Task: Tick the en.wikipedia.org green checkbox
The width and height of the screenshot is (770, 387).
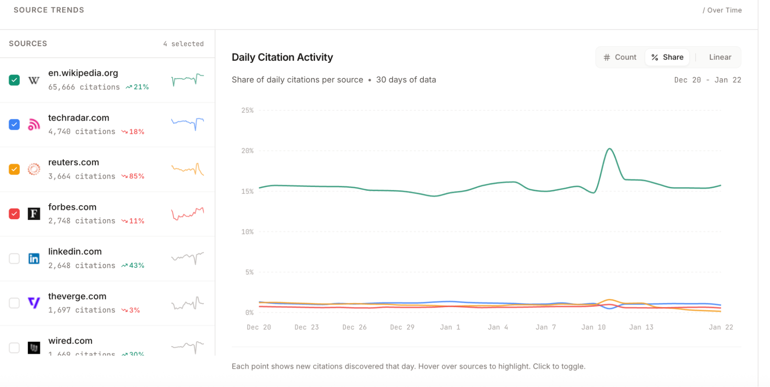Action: [14, 80]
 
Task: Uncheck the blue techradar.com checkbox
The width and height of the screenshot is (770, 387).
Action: [14, 125]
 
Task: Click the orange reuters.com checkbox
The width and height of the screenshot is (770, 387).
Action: [14, 169]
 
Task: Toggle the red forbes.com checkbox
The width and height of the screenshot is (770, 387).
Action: [14, 214]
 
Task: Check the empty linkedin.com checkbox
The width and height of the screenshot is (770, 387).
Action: [14, 259]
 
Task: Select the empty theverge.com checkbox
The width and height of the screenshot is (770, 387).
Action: [14, 303]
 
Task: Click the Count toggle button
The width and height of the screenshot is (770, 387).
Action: [620, 57]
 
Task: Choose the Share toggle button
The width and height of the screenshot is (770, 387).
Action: [668, 57]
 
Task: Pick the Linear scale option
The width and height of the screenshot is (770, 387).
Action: [720, 57]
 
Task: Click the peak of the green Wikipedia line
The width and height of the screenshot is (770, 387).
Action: [610, 149]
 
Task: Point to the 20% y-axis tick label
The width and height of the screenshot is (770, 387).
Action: [247, 151]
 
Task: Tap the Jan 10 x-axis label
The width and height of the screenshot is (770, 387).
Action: [593, 327]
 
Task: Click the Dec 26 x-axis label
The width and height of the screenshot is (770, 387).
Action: [354, 327]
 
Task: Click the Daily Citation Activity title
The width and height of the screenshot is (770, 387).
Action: [282, 57]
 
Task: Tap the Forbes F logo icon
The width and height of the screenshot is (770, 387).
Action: [34, 214]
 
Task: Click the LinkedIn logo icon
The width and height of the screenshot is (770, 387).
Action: [34, 259]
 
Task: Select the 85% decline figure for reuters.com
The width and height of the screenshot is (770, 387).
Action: [136, 176]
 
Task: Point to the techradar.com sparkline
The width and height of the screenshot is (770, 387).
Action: [188, 123]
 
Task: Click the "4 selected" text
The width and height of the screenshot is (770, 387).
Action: [183, 44]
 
